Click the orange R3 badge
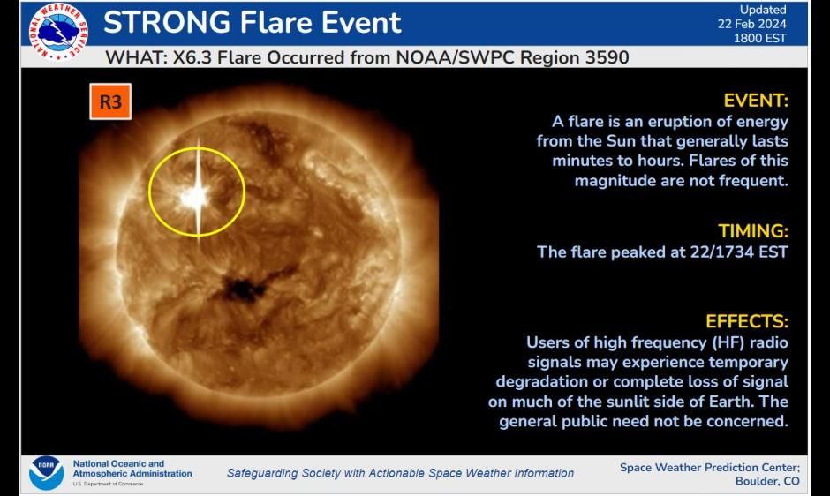pyautogui.click(x=109, y=102)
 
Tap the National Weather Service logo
pyautogui.click(x=61, y=34)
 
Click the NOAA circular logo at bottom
pyautogui.click(x=46, y=473)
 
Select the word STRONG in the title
pyautogui.click(x=165, y=22)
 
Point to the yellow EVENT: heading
pyautogui.click(x=756, y=100)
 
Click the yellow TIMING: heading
pyautogui.click(x=752, y=231)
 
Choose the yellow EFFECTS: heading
pyautogui.click(x=747, y=321)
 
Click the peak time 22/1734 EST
pyautogui.click(x=736, y=252)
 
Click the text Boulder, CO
pyautogui.click(x=767, y=481)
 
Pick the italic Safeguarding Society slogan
pyautogui.click(x=400, y=473)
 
